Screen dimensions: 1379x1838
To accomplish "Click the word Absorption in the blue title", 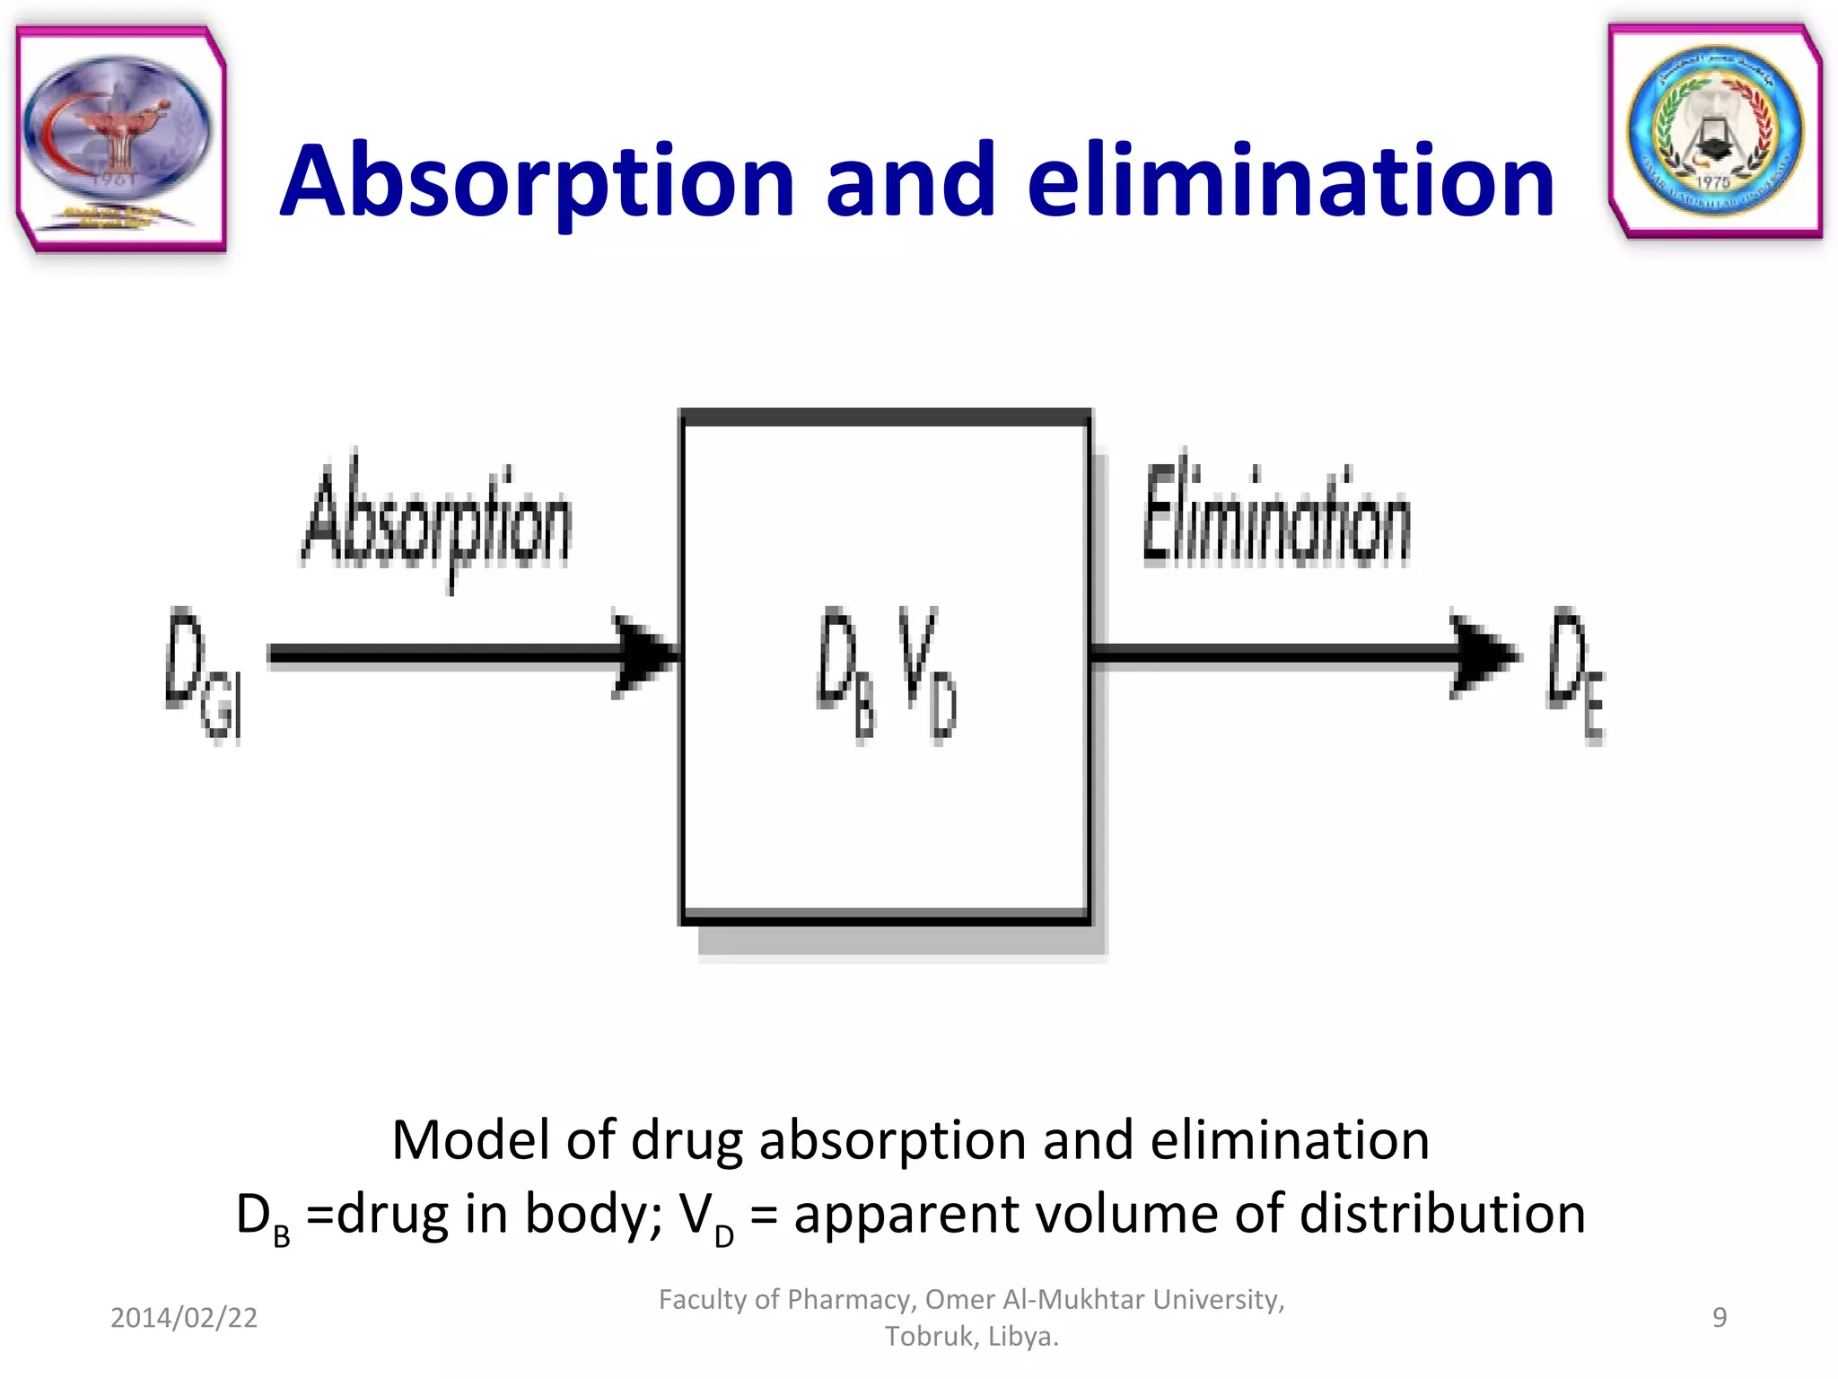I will pyautogui.click(x=537, y=182).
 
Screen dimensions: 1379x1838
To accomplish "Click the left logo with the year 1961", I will pyautogui.click(x=120, y=139).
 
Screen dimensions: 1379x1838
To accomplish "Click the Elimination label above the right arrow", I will pyautogui.click(x=1275, y=516).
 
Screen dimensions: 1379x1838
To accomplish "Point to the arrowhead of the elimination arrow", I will pyautogui.click(x=1483, y=656).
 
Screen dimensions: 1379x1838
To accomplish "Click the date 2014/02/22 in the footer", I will pyautogui.click(x=184, y=1317).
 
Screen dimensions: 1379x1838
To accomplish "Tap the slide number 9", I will pyautogui.click(x=1720, y=1317).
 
